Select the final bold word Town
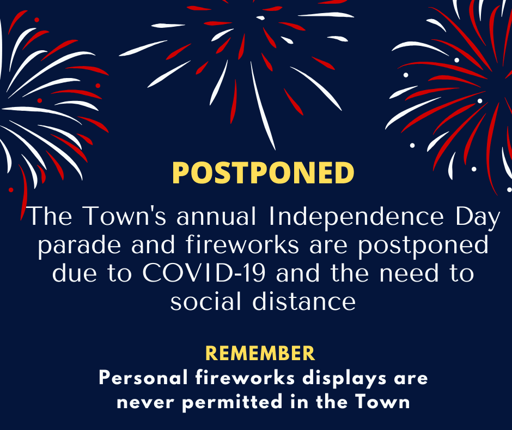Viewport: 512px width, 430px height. [382, 402]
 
